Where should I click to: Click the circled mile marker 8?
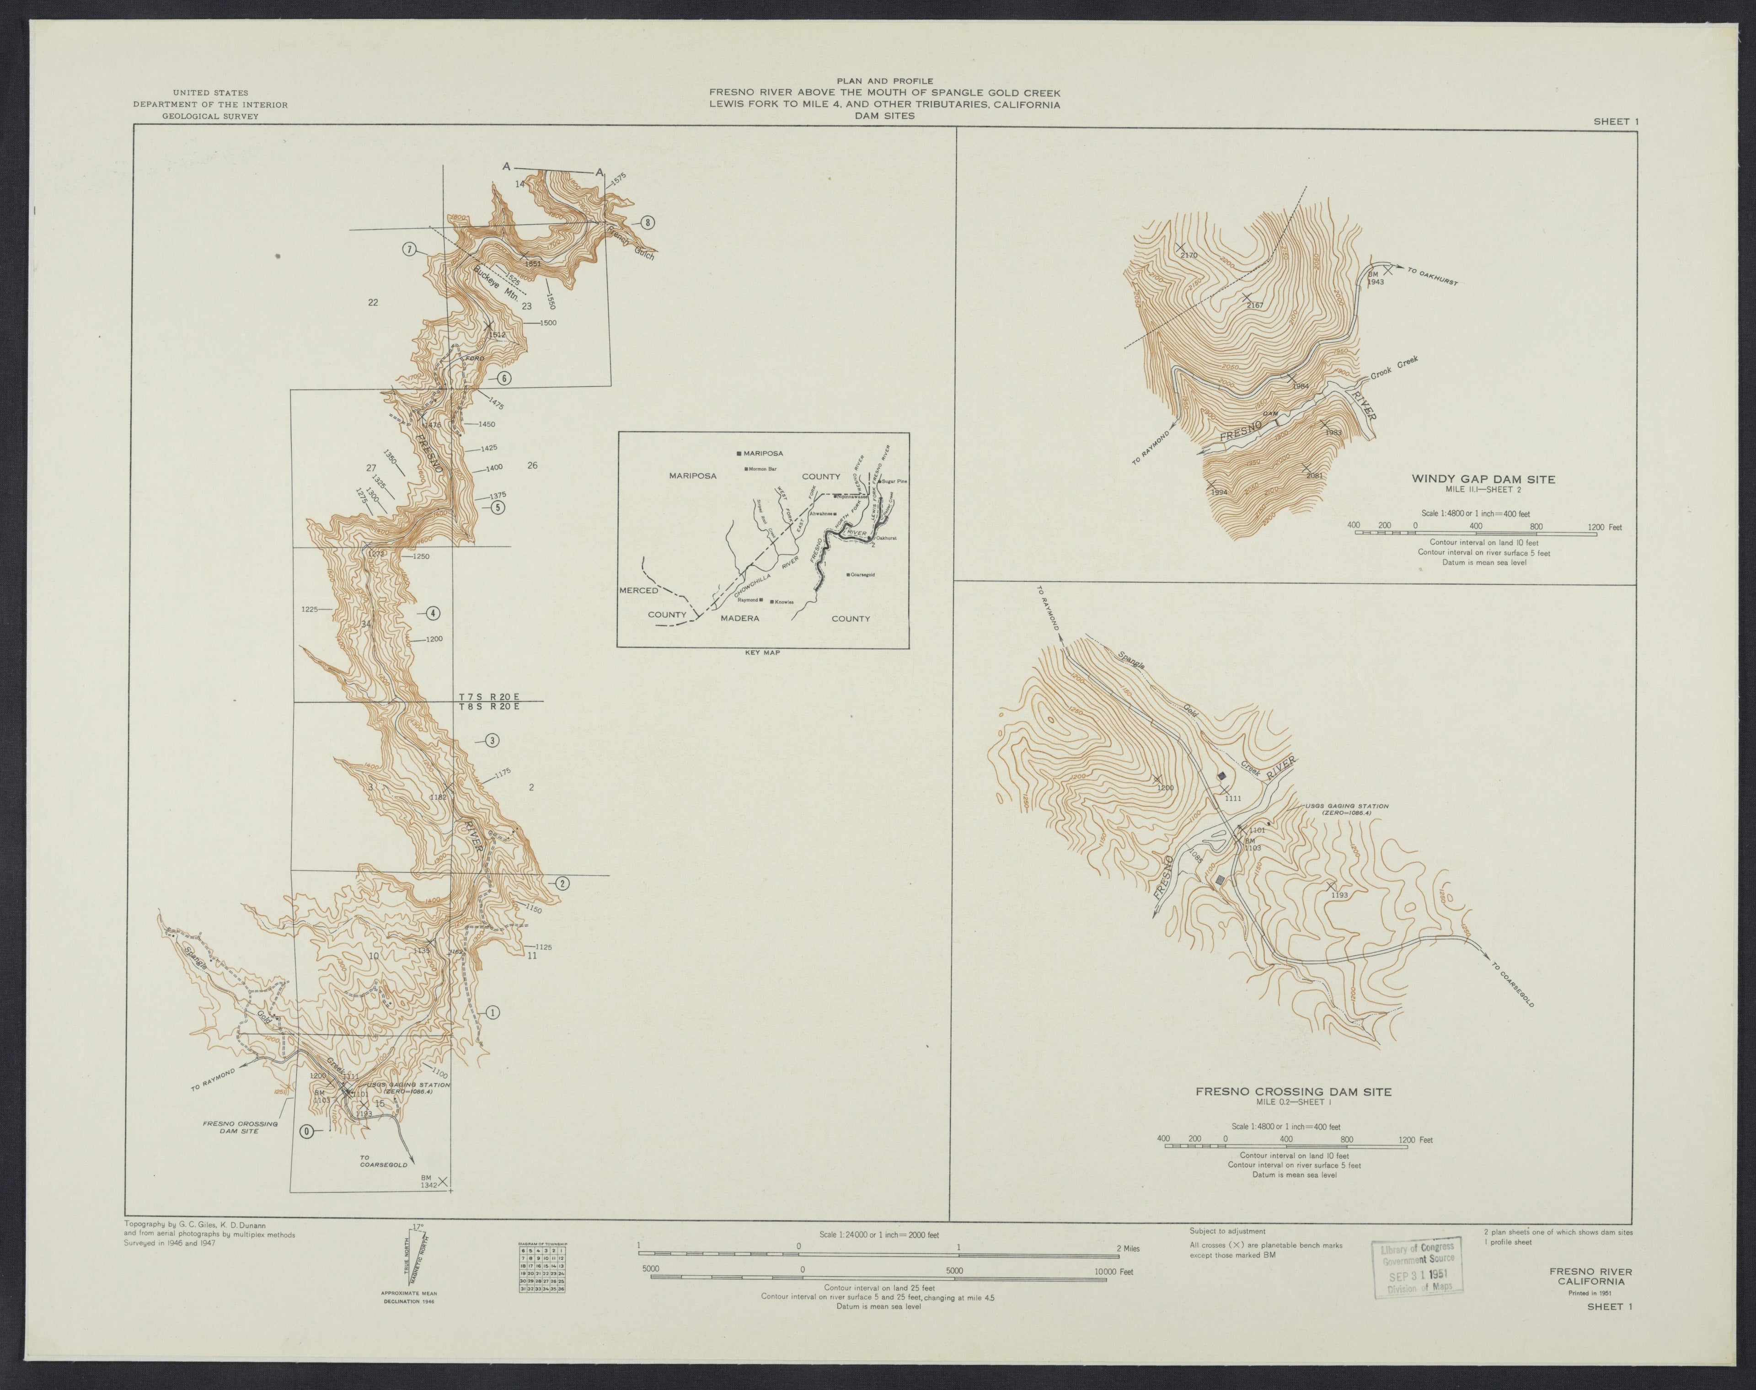[x=647, y=223]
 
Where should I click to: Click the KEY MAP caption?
[x=762, y=652]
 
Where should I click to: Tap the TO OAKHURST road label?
[x=1429, y=278]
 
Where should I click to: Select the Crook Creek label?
[x=1394, y=370]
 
